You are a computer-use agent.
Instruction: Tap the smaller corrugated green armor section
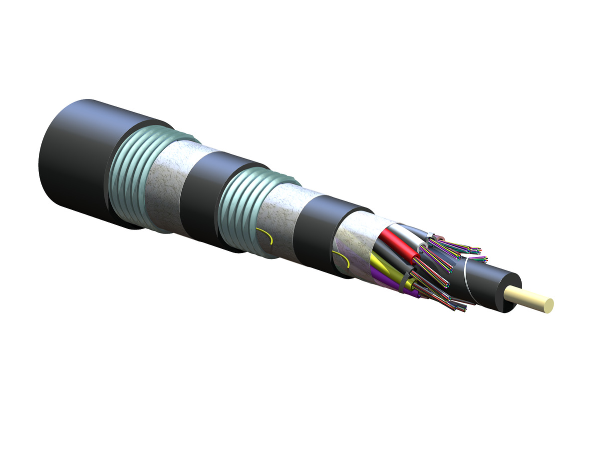240,210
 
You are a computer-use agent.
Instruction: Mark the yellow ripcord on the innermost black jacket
342,258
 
